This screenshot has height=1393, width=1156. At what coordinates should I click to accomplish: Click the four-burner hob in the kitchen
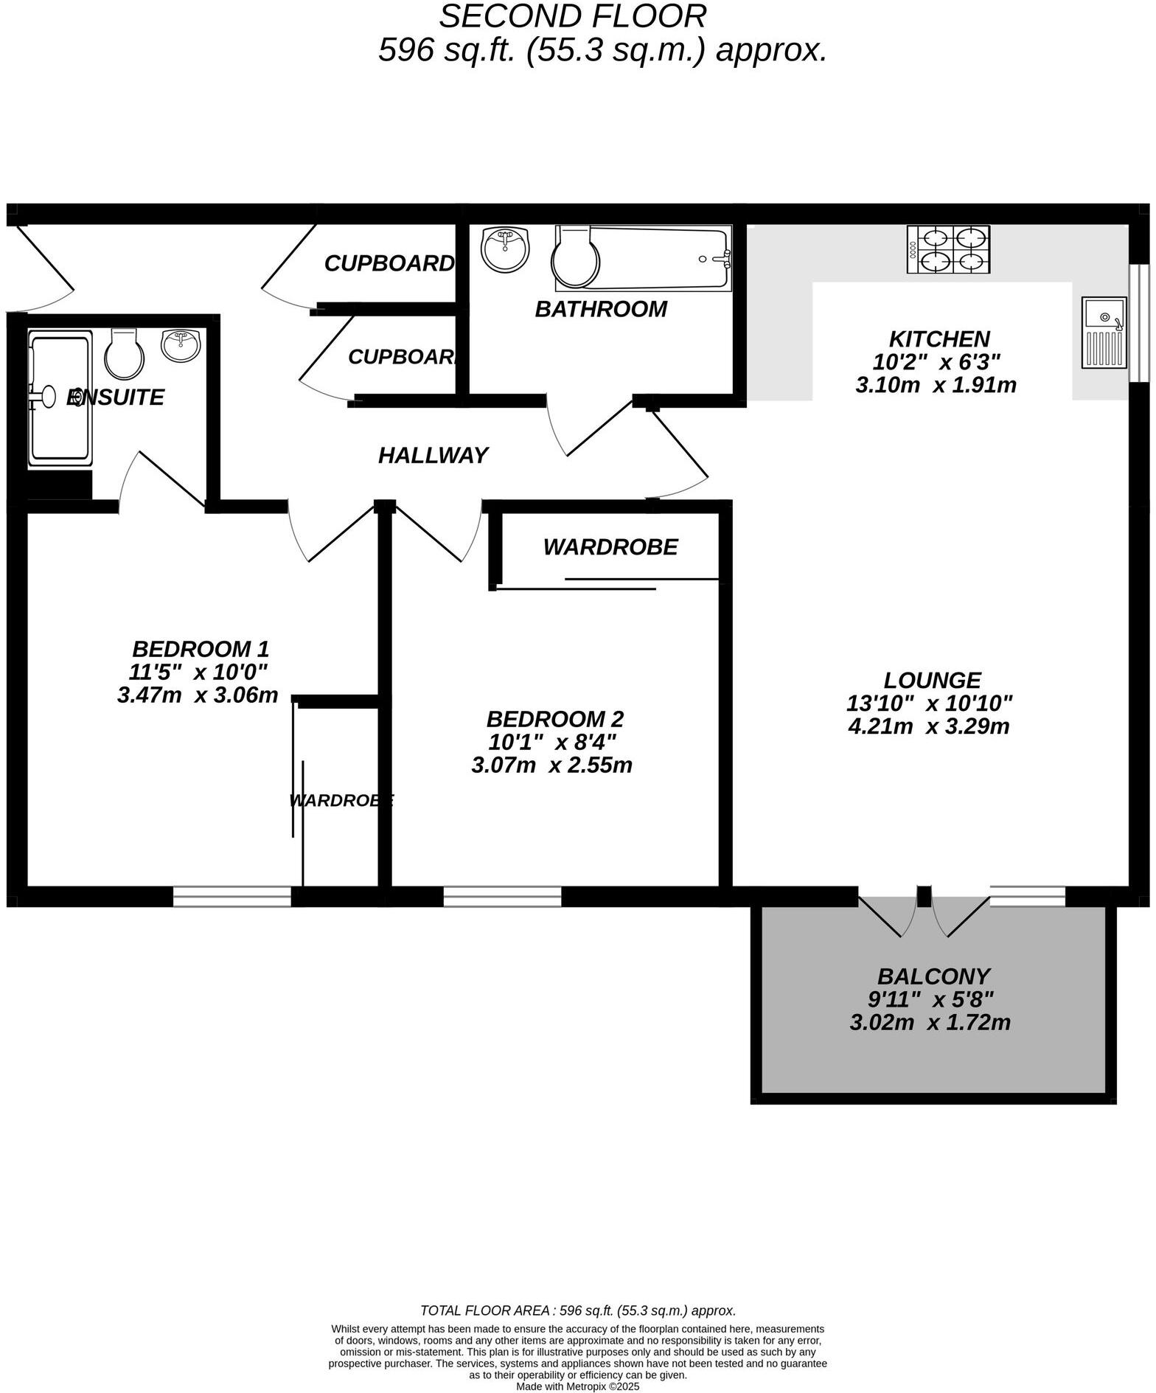[x=950, y=249]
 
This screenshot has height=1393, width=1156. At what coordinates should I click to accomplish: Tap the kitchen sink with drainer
[x=1104, y=332]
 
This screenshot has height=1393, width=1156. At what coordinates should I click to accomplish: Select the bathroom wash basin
[x=505, y=249]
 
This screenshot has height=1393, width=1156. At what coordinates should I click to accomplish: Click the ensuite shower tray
[x=59, y=398]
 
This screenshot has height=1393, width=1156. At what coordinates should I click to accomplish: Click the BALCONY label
[x=933, y=976]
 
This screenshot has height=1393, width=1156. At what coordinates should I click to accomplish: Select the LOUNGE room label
[x=933, y=679]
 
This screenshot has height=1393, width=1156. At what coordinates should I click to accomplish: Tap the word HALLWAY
[x=433, y=456]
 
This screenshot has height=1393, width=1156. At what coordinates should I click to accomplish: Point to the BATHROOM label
[x=601, y=309]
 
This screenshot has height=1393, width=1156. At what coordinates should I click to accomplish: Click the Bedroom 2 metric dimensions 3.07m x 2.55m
[x=551, y=765]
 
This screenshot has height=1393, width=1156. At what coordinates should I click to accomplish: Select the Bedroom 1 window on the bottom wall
[x=232, y=896]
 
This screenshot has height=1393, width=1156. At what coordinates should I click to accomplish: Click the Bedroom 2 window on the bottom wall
[x=502, y=896]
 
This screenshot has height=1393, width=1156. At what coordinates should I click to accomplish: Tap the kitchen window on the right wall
[x=1139, y=322]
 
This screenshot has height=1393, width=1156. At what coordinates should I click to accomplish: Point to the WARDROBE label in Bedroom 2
[x=610, y=547]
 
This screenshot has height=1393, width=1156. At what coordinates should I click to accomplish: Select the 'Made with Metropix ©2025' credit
[x=577, y=1386]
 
